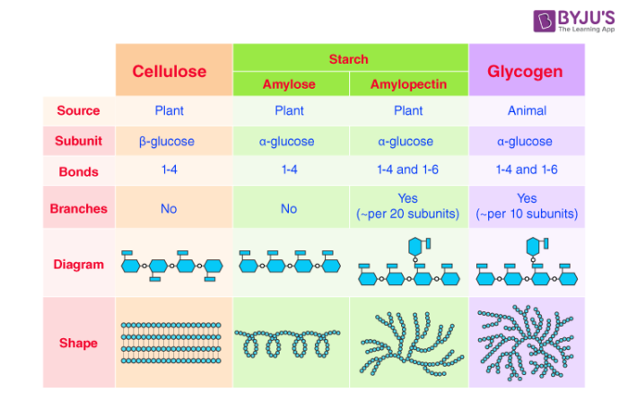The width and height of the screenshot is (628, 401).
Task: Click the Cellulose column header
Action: click(x=170, y=71)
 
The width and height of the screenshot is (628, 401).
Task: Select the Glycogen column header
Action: click(x=525, y=71)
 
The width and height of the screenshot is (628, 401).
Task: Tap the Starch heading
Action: click(x=348, y=59)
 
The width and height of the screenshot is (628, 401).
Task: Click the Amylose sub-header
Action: click(x=289, y=84)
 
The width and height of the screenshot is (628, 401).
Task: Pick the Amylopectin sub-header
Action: click(x=408, y=84)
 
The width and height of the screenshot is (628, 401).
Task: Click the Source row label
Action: click(x=78, y=111)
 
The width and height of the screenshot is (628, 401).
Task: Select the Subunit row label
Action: click(x=78, y=141)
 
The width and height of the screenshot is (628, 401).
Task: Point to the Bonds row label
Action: click(x=78, y=170)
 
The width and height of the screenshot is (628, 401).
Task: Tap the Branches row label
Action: click(x=78, y=208)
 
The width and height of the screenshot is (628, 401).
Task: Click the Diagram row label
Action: click(x=78, y=265)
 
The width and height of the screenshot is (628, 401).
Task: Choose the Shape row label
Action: click(x=78, y=343)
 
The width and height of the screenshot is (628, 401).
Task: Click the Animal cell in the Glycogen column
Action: click(x=526, y=111)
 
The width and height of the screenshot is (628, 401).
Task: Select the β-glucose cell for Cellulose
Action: click(x=169, y=141)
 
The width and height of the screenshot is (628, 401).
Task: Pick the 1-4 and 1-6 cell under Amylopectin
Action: click(x=408, y=170)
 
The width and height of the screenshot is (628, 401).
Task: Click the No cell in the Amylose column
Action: click(x=289, y=208)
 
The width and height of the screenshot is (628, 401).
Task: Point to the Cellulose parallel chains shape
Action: click(x=170, y=343)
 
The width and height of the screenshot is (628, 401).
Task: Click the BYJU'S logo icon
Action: click(x=544, y=22)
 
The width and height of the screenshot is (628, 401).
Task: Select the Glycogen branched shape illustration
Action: click(x=526, y=343)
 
